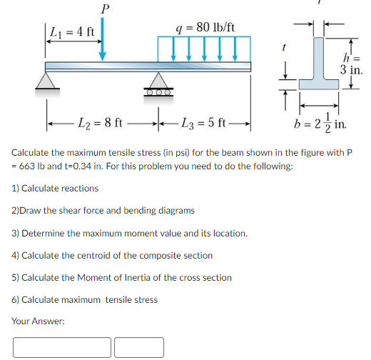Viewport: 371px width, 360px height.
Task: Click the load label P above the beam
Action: [105, 9]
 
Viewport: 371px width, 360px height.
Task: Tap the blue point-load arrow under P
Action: [105, 39]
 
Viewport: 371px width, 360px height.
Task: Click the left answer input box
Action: [61, 346]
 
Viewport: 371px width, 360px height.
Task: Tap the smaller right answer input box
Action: [138, 346]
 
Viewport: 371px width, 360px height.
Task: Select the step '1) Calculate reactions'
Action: [55, 189]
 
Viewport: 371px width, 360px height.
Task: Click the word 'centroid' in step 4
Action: [106, 255]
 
